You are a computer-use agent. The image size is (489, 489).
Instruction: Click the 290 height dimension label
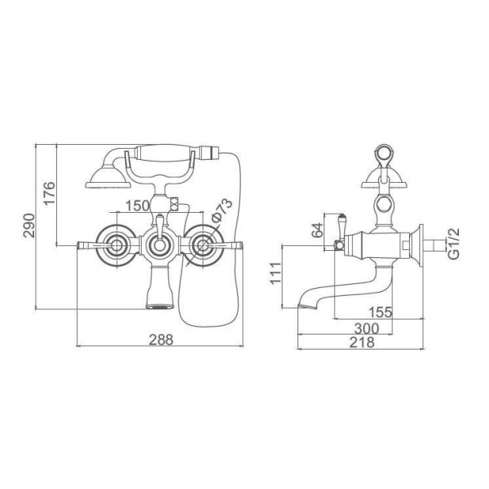(x=28, y=226)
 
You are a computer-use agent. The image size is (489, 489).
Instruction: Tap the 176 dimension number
(x=49, y=193)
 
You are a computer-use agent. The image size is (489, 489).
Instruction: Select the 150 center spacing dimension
(x=137, y=206)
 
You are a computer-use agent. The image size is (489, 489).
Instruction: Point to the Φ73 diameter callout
(x=222, y=210)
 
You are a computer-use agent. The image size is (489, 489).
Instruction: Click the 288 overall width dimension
(x=161, y=339)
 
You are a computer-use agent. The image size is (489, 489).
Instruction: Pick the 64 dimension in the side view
(x=318, y=230)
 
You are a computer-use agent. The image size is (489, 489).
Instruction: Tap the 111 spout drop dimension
(x=275, y=273)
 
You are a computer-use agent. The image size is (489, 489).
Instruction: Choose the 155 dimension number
(x=380, y=312)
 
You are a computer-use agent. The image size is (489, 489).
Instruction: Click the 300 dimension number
(x=367, y=328)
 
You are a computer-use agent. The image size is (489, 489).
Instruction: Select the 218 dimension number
(x=362, y=343)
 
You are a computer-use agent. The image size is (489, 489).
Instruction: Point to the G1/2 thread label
(x=454, y=244)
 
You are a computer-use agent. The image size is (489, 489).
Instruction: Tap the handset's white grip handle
(x=165, y=153)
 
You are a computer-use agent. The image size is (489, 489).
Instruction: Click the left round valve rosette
(x=117, y=245)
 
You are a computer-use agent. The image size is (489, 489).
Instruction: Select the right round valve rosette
(x=203, y=245)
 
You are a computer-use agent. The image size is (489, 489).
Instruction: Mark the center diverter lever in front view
(x=160, y=226)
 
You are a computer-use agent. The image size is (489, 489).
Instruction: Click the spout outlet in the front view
(x=159, y=306)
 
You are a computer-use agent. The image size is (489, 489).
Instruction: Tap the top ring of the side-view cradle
(x=384, y=154)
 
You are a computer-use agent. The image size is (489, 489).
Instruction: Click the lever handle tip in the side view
(x=342, y=217)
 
